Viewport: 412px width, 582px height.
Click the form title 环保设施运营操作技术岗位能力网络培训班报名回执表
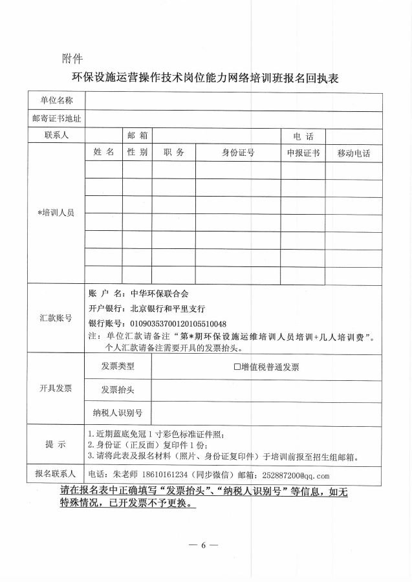206,79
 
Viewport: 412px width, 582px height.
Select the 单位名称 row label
56,101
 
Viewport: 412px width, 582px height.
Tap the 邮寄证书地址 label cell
56,119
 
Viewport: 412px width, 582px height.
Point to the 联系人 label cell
56,136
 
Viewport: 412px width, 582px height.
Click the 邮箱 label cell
138,136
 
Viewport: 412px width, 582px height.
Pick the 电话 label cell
303,136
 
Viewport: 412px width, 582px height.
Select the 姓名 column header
103,153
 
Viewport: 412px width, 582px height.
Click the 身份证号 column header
238,153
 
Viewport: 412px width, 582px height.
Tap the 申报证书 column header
303,153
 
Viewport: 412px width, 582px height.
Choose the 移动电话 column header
353,153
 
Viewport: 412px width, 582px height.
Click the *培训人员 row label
56,213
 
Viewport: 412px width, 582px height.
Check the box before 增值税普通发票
237,367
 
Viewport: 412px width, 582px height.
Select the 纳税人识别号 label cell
118,413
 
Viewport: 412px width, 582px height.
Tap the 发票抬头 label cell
118,390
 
